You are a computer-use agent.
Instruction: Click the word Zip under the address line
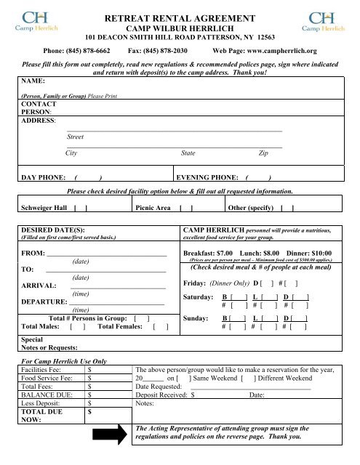(263, 153)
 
